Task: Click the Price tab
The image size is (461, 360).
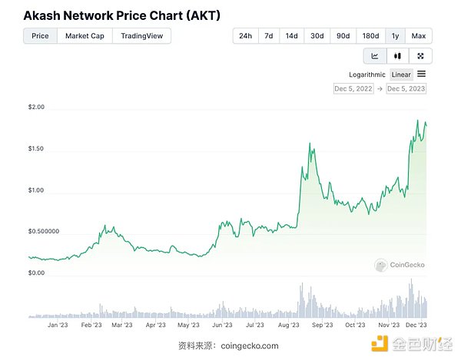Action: coord(40,36)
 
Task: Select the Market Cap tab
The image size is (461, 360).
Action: coord(85,36)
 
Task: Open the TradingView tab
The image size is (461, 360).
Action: coord(142,36)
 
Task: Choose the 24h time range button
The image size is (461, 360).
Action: coord(246,36)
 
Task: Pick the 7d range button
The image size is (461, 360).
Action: coord(269,36)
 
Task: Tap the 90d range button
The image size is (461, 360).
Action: coord(343,36)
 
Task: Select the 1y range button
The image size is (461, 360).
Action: coord(395,36)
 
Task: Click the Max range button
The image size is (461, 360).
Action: coord(419,36)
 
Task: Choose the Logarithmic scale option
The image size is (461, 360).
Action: coord(367,74)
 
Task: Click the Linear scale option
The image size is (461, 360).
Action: coord(401,74)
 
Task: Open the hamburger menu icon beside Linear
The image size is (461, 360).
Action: coord(422,74)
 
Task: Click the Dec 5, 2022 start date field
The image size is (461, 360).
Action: coord(353,89)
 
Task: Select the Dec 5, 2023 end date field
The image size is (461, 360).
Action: coord(406,89)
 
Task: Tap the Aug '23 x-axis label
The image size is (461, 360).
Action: coord(290,325)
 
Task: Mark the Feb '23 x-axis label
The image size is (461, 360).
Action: coord(91,325)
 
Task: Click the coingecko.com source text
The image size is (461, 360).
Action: coord(249,345)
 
